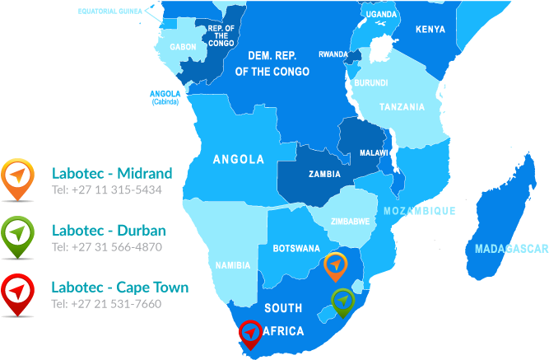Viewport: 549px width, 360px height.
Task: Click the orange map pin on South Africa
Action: pyautogui.click(x=335, y=265)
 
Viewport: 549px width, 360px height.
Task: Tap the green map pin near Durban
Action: pyautogui.click(x=342, y=301)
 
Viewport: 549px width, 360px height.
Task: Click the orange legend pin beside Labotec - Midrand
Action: pyautogui.click(x=16, y=177)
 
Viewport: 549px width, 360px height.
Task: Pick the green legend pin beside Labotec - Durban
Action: pyautogui.click(x=16, y=234)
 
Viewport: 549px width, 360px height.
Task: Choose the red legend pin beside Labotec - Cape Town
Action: pyautogui.click(x=16, y=292)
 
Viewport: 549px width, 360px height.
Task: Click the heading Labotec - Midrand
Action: pyautogui.click(x=112, y=173)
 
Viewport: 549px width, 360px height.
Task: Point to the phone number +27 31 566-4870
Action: pyautogui.click(x=107, y=246)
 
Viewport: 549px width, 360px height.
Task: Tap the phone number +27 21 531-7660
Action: pyautogui.click(x=107, y=303)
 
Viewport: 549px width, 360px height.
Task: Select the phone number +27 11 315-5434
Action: pyautogui.click(x=107, y=189)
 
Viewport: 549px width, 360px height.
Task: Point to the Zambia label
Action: pyautogui.click(x=324, y=174)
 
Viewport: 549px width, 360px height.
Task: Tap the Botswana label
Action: pyautogui.click(x=296, y=248)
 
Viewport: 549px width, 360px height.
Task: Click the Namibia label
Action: pyautogui.click(x=232, y=265)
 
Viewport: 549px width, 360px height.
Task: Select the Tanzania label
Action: pyautogui.click(x=402, y=107)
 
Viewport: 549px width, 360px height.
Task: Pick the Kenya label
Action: pyautogui.click(x=430, y=30)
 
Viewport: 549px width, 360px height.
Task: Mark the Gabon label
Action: pyautogui.click(x=183, y=47)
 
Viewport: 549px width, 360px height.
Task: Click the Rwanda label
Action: pyautogui.click(x=333, y=54)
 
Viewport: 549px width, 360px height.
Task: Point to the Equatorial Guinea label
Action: pyautogui.click(x=109, y=12)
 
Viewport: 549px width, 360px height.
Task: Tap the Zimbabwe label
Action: pyautogui.click(x=350, y=221)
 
